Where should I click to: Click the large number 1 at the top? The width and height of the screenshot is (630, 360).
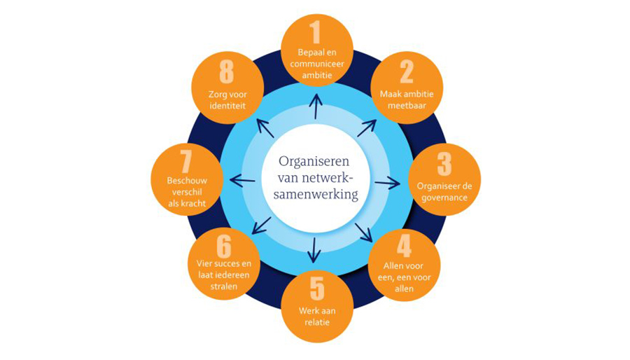pos(316,32)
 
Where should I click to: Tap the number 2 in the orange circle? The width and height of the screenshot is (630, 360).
pos(407,71)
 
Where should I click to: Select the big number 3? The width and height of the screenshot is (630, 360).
pos(444,163)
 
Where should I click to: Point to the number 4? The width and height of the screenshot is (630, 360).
pos(404,247)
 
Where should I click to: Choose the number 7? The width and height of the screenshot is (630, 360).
pos(186,162)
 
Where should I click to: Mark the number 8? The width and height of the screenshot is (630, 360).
pos(227,71)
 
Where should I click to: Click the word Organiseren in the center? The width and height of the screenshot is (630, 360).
pos(316,160)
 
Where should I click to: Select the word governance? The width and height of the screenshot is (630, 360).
pos(444,197)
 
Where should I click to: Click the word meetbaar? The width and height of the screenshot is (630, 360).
pos(407,106)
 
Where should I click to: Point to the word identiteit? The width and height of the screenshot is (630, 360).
pos(227,106)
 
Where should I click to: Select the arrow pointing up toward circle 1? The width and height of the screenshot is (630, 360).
pos(316,106)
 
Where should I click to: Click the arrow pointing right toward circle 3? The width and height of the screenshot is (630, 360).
pos(387,183)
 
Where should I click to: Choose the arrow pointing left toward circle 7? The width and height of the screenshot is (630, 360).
pos(242,181)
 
